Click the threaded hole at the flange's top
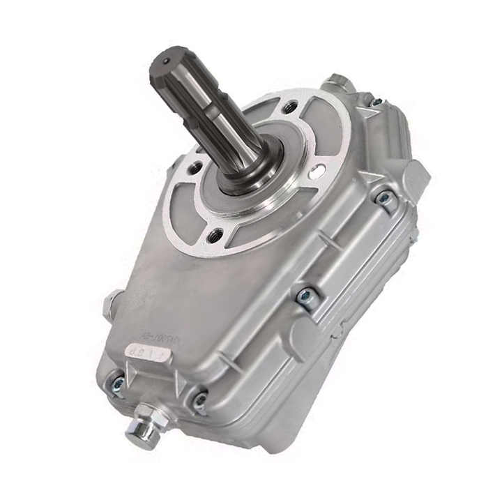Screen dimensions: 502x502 click(290, 107)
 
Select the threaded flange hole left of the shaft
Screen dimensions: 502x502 click(197, 167)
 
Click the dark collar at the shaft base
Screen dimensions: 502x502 click(251, 167)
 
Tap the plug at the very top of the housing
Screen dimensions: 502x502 click(339, 82)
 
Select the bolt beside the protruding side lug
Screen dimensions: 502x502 click(384, 199)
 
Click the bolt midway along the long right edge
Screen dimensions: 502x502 click(305, 296)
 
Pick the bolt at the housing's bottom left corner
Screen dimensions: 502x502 click(116, 383)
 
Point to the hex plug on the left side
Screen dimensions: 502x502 click(112, 305)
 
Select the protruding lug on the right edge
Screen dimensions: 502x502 click(418, 175)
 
